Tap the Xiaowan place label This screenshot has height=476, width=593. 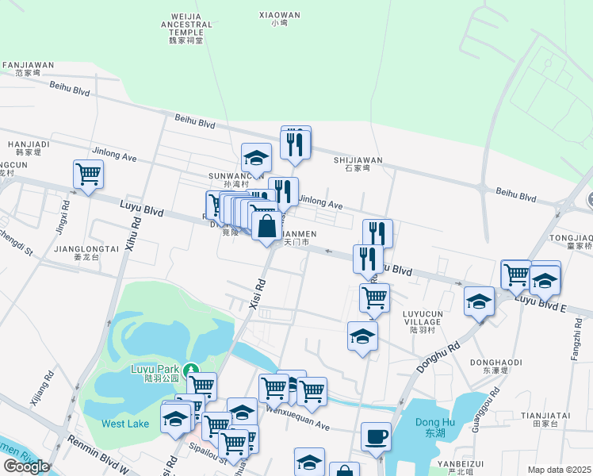[x=280, y=18]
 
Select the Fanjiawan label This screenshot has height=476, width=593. [x=28, y=68]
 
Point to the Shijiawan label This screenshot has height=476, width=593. [x=358, y=163]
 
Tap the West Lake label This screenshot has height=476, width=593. [x=125, y=424]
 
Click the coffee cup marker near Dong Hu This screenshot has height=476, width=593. [x=376, y=436]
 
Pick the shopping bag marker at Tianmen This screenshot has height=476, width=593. [x=267, y=227]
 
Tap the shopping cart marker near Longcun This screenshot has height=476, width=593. [x=88, y=175]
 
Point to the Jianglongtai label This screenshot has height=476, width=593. [x=86, y=252]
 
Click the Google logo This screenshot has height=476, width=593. [x=26, y=466]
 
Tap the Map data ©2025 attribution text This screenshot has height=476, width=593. [x=559, y=470]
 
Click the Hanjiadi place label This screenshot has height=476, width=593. [x=29, y=148]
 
